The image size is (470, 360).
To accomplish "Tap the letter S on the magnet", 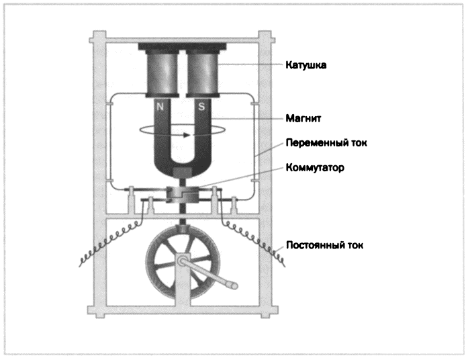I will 201,106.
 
